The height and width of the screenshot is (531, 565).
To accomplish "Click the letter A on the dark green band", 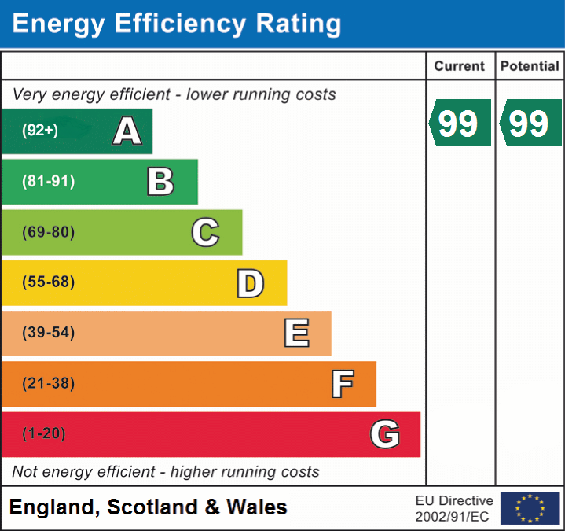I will tap(127, 131).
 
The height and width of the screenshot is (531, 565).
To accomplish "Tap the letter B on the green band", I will tap(160, 182).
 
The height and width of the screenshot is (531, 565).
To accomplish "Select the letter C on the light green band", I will tap(205, 232).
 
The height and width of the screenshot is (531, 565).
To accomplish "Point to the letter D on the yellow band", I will tap(250, 283).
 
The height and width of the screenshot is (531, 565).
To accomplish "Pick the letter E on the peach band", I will tap(296, 334).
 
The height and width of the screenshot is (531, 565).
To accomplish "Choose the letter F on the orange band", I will tap(342, 384).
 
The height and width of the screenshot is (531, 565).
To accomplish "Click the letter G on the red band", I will tap(385, 434).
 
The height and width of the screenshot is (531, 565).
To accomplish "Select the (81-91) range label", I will tap(49, 182).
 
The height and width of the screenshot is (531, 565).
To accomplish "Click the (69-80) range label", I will tap(49, 232).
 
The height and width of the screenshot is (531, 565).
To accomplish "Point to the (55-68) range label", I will tap(49, 282).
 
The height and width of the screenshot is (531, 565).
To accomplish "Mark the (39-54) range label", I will tap(49, 333).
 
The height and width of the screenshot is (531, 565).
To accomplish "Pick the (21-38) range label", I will tap(49, 384).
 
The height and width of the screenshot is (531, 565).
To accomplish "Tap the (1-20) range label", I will tap(44, 434).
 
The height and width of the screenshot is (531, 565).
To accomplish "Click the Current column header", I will tap(460, 67).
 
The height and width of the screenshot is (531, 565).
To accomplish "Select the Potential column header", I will tap(530, 67).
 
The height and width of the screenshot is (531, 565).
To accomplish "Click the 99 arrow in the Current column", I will tap(460, 124).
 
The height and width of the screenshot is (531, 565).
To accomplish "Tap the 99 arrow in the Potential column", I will tap(530, 124).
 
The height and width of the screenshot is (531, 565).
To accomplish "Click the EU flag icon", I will tap(530, 508).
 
